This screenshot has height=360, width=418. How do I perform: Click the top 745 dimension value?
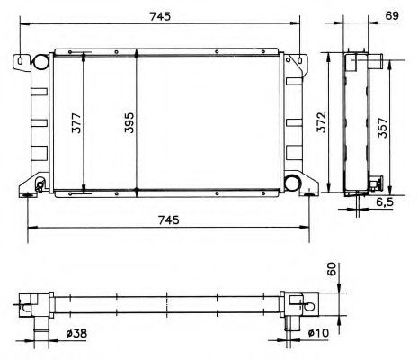(x=160, y=16)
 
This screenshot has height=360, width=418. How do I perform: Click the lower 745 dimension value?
(x=169, y=220)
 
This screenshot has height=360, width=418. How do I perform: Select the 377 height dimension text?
(x=76, y=123)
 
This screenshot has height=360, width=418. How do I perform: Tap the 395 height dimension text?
(x=129, y=123)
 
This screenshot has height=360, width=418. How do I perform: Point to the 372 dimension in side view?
(x=322, y=122)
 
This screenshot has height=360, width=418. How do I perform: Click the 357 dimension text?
(x=382, y=128)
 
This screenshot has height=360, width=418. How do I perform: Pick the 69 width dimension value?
(x=392, y=15)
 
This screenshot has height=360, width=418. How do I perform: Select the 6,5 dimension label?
(x=385, y=202)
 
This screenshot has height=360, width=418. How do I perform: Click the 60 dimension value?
(x=332, y=269)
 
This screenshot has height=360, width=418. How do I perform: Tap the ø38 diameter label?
(x=76, y=333)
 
